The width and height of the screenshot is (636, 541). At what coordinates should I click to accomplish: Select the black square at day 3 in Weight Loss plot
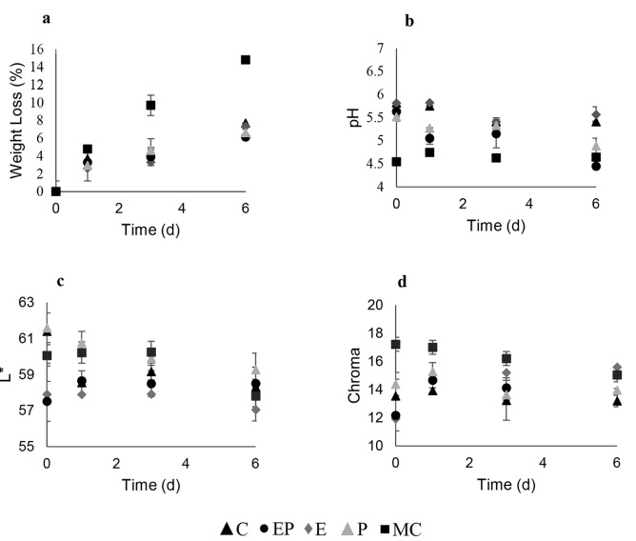(x=150, y=105)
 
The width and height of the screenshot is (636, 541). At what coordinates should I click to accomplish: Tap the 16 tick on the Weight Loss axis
(x=38, y=50)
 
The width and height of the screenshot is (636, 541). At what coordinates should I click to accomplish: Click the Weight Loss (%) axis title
(x=15, y=121)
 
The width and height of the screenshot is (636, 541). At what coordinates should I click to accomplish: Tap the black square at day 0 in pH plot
(x=396, y=161)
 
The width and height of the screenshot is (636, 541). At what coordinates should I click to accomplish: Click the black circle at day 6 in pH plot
(x=596, y=166)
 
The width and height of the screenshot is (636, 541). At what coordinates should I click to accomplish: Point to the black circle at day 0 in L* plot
(x=47, y=401)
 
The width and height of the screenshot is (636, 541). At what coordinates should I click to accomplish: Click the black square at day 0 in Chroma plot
(x=396, y=344)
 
